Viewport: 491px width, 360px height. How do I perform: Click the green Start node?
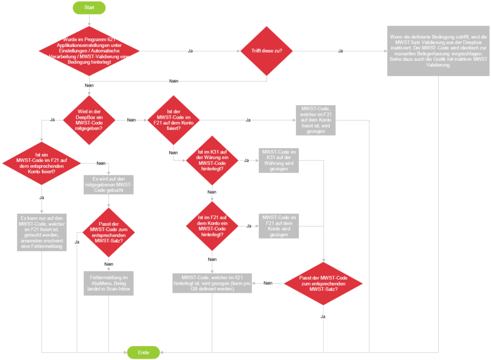[x=89, y=8]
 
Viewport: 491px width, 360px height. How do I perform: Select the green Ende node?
[x=143, y=352]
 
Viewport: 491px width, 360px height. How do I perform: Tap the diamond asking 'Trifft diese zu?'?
[x=267, y=50]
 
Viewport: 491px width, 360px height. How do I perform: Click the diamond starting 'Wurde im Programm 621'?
[x=89, y=51]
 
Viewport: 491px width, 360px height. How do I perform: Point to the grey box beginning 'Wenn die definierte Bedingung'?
[x=438, y=50]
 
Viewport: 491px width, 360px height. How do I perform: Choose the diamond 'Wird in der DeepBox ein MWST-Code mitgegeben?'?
[x=89, y=119]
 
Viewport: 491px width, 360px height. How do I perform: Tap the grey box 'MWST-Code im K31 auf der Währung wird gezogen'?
[x=279, y=160]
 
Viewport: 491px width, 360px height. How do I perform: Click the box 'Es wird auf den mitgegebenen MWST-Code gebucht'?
[x=108, y=184]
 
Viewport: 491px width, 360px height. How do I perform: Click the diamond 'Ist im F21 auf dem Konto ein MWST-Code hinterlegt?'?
[x=212, y=226]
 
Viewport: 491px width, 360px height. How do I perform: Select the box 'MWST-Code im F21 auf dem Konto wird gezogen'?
[x=279, y=226]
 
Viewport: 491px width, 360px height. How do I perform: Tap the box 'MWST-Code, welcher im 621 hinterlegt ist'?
[x=212, y=283]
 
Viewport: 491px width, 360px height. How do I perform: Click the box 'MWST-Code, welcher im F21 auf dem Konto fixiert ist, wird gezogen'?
[x=316, y=119]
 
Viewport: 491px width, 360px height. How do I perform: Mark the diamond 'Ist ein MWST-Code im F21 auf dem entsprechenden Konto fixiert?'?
[x=42, y=163]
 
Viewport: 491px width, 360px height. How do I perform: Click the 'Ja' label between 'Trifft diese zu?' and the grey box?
[x=340, y=51]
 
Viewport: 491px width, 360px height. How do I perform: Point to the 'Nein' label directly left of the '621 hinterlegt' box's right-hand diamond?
[x=268, y=283]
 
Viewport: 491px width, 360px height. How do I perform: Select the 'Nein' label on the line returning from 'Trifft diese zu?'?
[x=174, y=81]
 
